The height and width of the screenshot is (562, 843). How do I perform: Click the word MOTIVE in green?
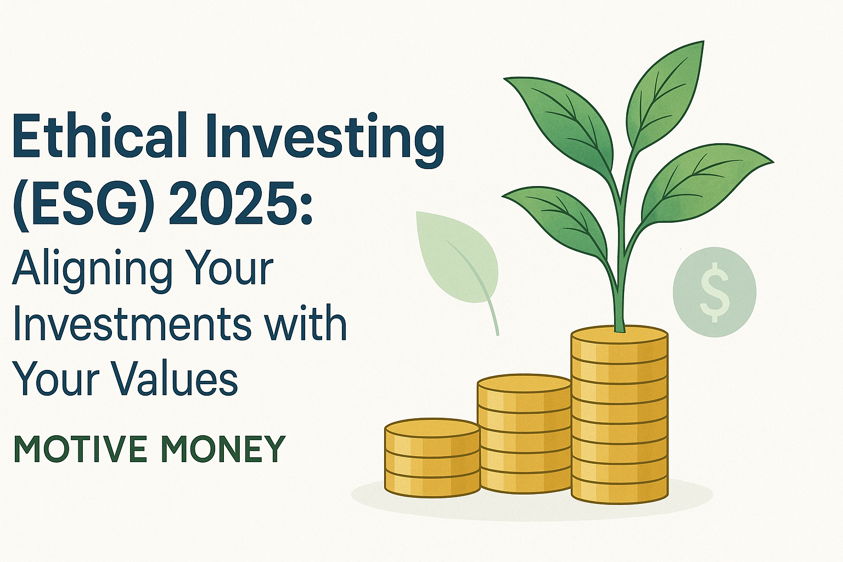[81, 448]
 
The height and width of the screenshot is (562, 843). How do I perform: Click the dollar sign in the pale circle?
[715, 292]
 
